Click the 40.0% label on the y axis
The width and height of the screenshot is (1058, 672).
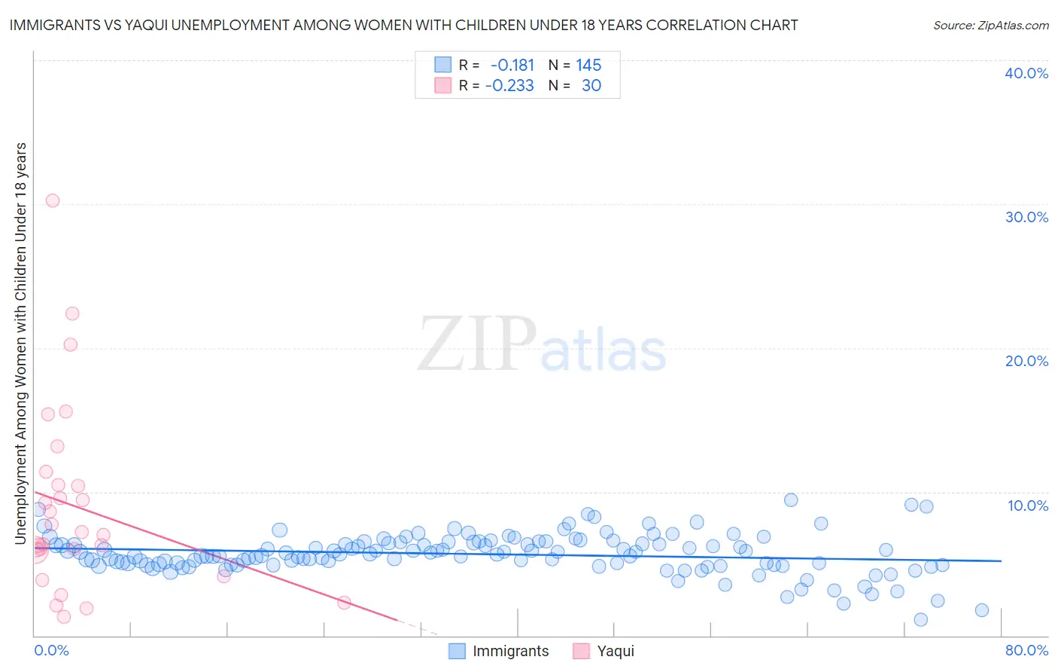(x=1026, y=73)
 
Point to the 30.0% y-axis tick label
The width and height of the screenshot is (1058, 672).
(x=1026, y=217)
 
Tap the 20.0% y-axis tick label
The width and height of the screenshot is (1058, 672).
(x=1026, y=361)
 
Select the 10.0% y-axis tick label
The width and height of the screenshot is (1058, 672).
(x=1027, y=506)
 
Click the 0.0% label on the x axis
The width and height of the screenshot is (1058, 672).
(x=51, y=650)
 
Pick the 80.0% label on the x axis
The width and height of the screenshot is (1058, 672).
(x=1026, y=650)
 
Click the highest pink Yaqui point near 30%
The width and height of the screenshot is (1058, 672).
(x=53, y=200)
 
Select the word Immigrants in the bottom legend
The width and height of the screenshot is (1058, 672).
(x=510, y=651)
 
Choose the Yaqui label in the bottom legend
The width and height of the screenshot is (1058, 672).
(x=616, y=651)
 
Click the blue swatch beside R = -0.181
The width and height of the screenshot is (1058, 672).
(x=443, y=65)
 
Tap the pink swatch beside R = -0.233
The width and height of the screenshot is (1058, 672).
(x=443, y=85)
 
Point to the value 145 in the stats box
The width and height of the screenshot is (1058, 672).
(x=588, y=65)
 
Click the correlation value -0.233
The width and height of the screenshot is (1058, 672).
(x=509, y=85)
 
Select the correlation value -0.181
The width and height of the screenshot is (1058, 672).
(x=512, y=65)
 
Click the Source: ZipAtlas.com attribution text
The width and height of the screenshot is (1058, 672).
(x=990, y=25)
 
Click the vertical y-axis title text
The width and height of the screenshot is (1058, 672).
(x=20, y=343)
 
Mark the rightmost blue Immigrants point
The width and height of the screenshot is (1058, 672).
(x=981, y=610)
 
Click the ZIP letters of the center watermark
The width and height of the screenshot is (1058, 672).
(x=476, y=344)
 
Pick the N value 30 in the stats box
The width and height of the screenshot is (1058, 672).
(x=591, y=85)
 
